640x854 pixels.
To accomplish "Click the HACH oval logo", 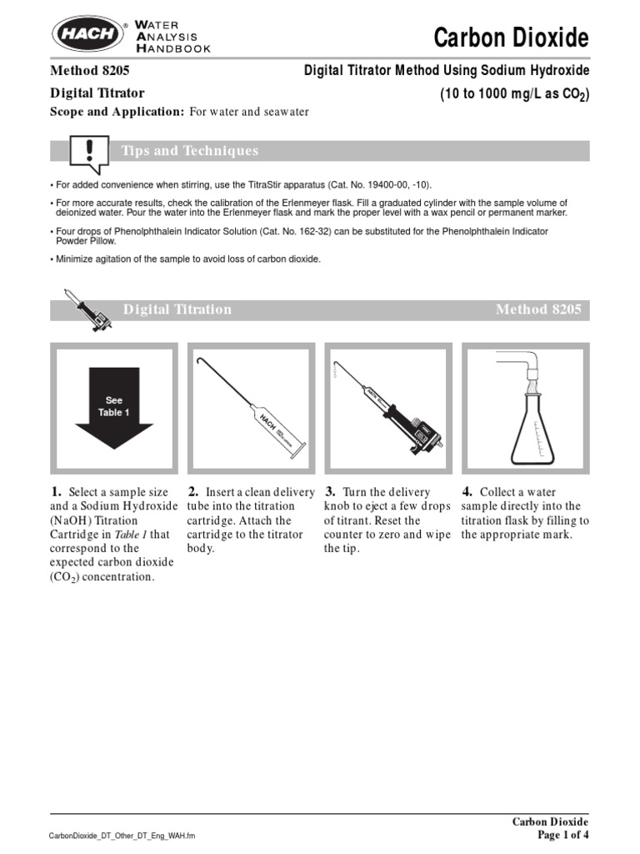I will click(x=85, y=36).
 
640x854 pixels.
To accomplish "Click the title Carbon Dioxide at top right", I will click(x=512, y=38).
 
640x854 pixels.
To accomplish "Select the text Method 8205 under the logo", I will click(x=89, y=73).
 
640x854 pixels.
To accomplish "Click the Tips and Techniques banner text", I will click(x=190, y=151).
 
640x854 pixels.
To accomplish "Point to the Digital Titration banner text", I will click(x=177, y=309).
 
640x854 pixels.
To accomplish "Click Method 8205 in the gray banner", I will click(x=538, y=309).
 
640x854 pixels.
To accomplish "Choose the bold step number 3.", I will click(x=330, y=492).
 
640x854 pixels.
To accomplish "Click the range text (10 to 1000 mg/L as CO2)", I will click(x=514, y=94).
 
